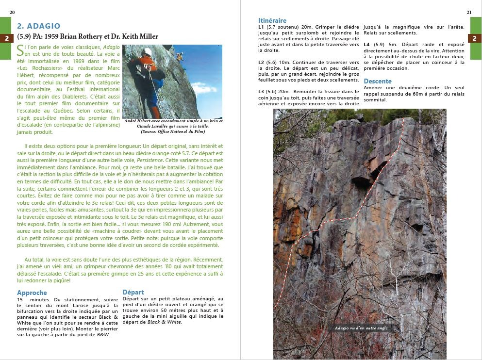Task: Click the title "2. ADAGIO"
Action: [38, 26]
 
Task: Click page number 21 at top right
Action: [469, 12]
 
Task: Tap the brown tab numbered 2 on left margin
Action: [6, 38]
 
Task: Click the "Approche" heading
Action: [32, 293]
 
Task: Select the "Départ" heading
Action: [133, 292]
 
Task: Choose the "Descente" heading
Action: [378, 81]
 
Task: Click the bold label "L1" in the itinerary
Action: [261, 27]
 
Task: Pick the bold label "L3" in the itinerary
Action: [261, 92]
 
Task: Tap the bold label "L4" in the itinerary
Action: [366, 45]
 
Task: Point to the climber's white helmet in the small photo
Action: [148, 51]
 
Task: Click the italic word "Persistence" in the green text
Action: [150, 160]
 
